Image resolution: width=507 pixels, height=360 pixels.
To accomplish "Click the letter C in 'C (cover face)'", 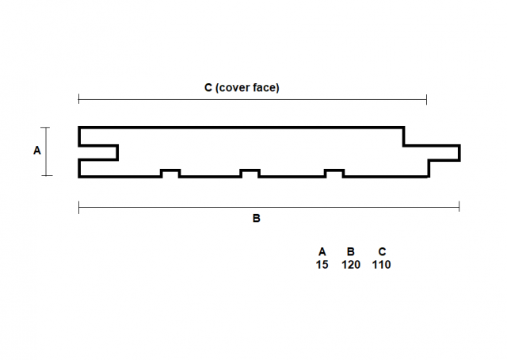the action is [208, 87].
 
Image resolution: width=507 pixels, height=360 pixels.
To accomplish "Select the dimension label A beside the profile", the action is [37, 151].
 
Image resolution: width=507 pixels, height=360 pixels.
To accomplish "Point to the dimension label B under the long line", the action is [256, 219].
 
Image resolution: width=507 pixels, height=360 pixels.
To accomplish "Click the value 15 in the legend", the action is [322, 265].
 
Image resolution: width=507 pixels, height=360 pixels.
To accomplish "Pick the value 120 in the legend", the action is [351, 265].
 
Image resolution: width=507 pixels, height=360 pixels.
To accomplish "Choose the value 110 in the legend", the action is [382, 265].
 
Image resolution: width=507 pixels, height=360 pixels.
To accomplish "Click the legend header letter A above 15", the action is [322, 251].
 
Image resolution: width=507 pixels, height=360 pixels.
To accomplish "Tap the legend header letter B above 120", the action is [351, 251].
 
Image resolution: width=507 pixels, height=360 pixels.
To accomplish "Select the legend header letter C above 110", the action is [382, 251].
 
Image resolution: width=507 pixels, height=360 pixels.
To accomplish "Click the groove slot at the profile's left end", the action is [98, 152].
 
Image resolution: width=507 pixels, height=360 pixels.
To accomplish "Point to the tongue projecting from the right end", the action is [444, 153].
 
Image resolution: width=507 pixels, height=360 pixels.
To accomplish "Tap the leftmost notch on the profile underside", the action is [171, 173].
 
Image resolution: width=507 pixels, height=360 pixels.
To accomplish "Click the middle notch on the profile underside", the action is [250, 173].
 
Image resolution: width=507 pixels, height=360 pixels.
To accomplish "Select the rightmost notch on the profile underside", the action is [334, 173].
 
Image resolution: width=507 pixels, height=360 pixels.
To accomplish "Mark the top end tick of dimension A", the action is [46, 128].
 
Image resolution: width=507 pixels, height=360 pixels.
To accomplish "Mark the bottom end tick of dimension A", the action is [47, 176].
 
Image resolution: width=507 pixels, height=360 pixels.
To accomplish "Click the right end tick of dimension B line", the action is [459, 206].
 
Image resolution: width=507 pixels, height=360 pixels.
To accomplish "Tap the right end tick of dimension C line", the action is [426, 100].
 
